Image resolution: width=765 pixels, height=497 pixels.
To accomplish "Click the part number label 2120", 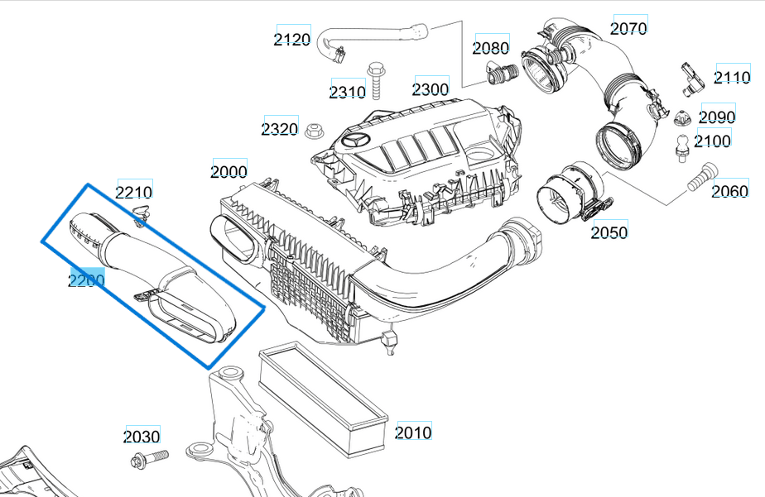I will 292,39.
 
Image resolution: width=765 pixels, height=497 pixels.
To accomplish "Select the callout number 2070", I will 628,28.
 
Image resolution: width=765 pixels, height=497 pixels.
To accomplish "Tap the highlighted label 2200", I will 86,281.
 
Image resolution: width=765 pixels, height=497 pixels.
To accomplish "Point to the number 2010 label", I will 413,432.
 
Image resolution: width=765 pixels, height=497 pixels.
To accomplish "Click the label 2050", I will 609,232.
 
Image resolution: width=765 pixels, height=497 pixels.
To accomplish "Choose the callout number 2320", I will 280,129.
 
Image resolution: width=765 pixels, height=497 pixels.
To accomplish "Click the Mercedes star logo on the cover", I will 361,141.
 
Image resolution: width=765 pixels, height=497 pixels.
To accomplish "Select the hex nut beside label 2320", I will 315,130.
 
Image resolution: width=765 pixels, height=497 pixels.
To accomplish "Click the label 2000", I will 229,171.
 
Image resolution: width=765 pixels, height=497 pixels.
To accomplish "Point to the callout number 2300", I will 431,88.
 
